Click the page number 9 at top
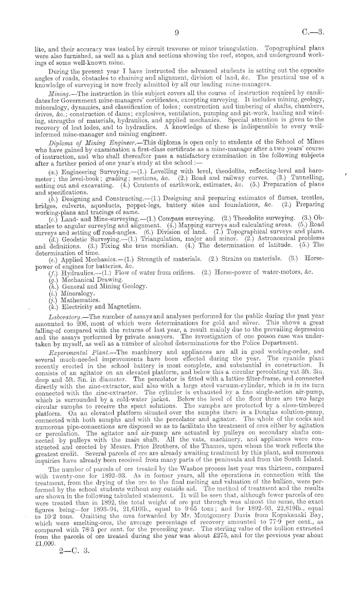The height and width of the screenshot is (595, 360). (x=176, y=32)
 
